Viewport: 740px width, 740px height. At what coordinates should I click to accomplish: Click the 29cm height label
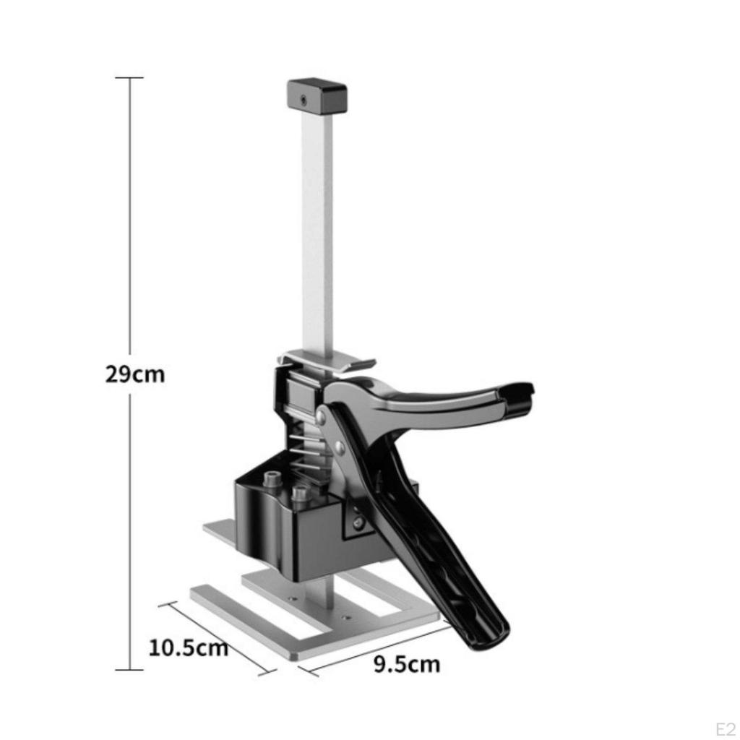[x=135, y=374]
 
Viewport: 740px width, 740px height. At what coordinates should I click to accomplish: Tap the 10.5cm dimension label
[x=189, y=647]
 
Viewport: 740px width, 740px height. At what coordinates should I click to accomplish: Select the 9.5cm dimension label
[x=407, y=663]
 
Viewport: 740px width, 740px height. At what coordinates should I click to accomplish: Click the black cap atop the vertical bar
[x=317, y=96]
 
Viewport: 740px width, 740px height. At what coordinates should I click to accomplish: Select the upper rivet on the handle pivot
[x=321, y=416]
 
